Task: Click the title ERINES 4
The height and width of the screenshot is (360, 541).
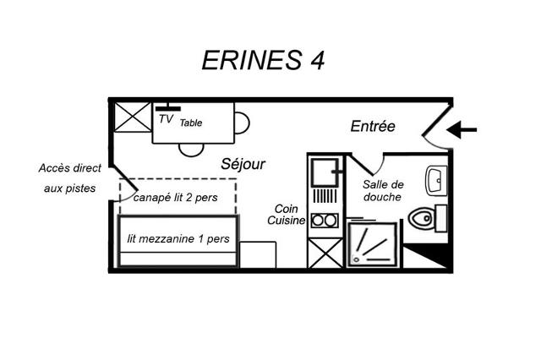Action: point(263,60)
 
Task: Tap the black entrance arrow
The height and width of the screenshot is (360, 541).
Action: point(462,130)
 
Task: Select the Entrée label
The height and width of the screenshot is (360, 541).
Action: point(373,126)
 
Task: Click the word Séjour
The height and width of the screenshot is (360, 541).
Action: point(243,164)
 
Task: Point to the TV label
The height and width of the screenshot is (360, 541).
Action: point(166,119)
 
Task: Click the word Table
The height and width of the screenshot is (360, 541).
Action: point(191,123)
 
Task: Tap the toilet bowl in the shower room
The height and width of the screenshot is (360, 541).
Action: point(420,217)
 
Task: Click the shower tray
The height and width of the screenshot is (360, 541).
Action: point(372,244)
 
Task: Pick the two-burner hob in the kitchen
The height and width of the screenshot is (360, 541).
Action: point(325,221)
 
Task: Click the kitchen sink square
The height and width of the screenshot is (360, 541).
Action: point(325,172)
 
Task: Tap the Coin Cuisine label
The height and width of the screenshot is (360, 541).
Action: point(287,215)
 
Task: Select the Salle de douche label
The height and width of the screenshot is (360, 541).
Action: point(383,191)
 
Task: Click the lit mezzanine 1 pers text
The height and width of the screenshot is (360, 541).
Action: point(178,239)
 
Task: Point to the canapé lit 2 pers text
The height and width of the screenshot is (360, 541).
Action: point(176,198)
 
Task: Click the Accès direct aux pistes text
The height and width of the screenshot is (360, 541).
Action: point(69,178)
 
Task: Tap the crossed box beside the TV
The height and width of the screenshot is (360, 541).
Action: point(133,117)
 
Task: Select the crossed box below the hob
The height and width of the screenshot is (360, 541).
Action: point(325,254)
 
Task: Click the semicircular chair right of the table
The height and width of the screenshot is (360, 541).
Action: point(242,123)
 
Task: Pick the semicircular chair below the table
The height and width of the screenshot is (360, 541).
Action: point(191,150)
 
